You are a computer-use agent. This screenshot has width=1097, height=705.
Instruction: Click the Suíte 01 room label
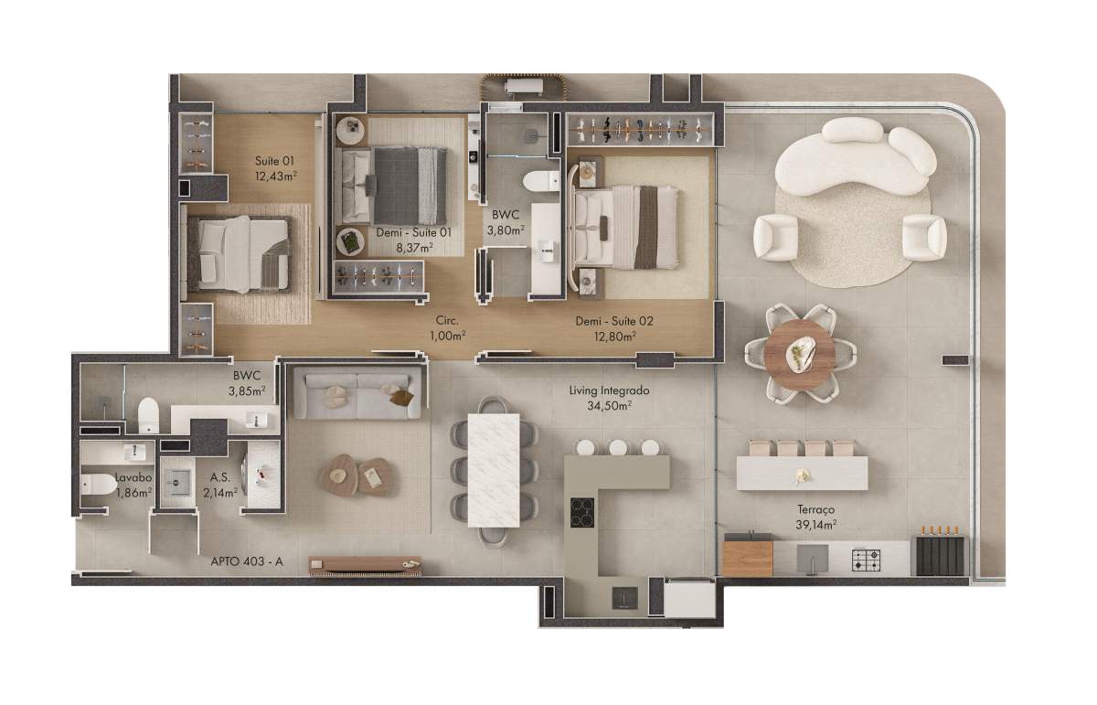pyautogui.click(x=276, y=168)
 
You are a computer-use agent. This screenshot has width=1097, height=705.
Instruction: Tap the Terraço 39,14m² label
pyautogui.click(x=815, y=518)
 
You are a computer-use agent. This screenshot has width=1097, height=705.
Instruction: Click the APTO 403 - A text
pyautogui.click(x=247, y=561)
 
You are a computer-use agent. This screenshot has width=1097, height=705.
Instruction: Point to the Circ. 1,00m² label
pyautogui.click(x=447, y=328)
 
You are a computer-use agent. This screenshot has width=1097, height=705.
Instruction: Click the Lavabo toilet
pyautogui.click(x=98, y=484)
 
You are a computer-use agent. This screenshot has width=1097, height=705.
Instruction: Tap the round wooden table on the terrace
pyautogui.click(x=800, y=354)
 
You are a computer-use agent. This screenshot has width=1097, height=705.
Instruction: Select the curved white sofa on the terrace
pyautogui.click(x=855, y=155)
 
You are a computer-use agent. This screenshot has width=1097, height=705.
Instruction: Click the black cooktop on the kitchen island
pyautogui.click(x=582, y=512)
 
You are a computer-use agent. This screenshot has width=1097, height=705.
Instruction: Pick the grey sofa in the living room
pyautogui.click(x=357, y=394)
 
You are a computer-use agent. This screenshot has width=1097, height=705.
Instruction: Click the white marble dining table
pyautogui.click(x=494, y=470)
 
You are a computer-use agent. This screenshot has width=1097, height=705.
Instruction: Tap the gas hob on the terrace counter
pyautogui.click(x=866, y=560)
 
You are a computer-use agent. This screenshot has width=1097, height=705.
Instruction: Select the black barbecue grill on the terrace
pyautogui.click(x=941, y=555)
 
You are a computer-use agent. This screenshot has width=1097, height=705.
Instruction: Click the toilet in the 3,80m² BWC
pyautogui.click(x=541, y=180)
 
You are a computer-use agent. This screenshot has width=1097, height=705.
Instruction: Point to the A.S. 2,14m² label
pyautogui.click(x=220, y=485)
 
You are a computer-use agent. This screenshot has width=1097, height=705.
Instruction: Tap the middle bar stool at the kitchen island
pyautogui.click(x=618, y=447)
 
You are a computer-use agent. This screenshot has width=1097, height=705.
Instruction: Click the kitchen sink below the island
pyautogui.click(x=625, y=598)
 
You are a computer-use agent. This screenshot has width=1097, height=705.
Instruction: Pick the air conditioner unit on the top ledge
pyautogui.click(x=524, y=87)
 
